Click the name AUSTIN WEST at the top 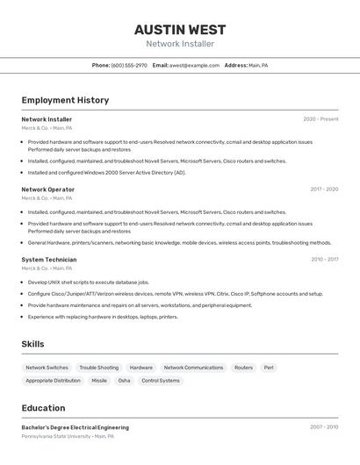(x=180, y=29)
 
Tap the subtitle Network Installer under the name (x=180, y=44)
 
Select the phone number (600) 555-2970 (x=129, y=65)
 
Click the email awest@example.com (x=194, y=65)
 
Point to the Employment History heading (x=65, y=100)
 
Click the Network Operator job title (x=47, y=190)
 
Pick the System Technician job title (x=49, y=260)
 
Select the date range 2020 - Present (x=320, y=119)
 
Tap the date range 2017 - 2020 (x=324, y=190)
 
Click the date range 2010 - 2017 (x=324, y=260)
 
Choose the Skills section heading (x=32, y=344)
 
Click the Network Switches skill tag (x=47, y=368)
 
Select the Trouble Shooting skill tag (x=98, y=368)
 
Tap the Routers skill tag (x=243, y=368)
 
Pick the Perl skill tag (x=269, y=368)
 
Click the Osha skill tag (x=124, y=381)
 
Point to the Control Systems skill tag (x=161, y=381)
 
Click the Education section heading (x=43, y=408)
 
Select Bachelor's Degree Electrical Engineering (x=75, y=427)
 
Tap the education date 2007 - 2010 (x=324, y=427)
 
